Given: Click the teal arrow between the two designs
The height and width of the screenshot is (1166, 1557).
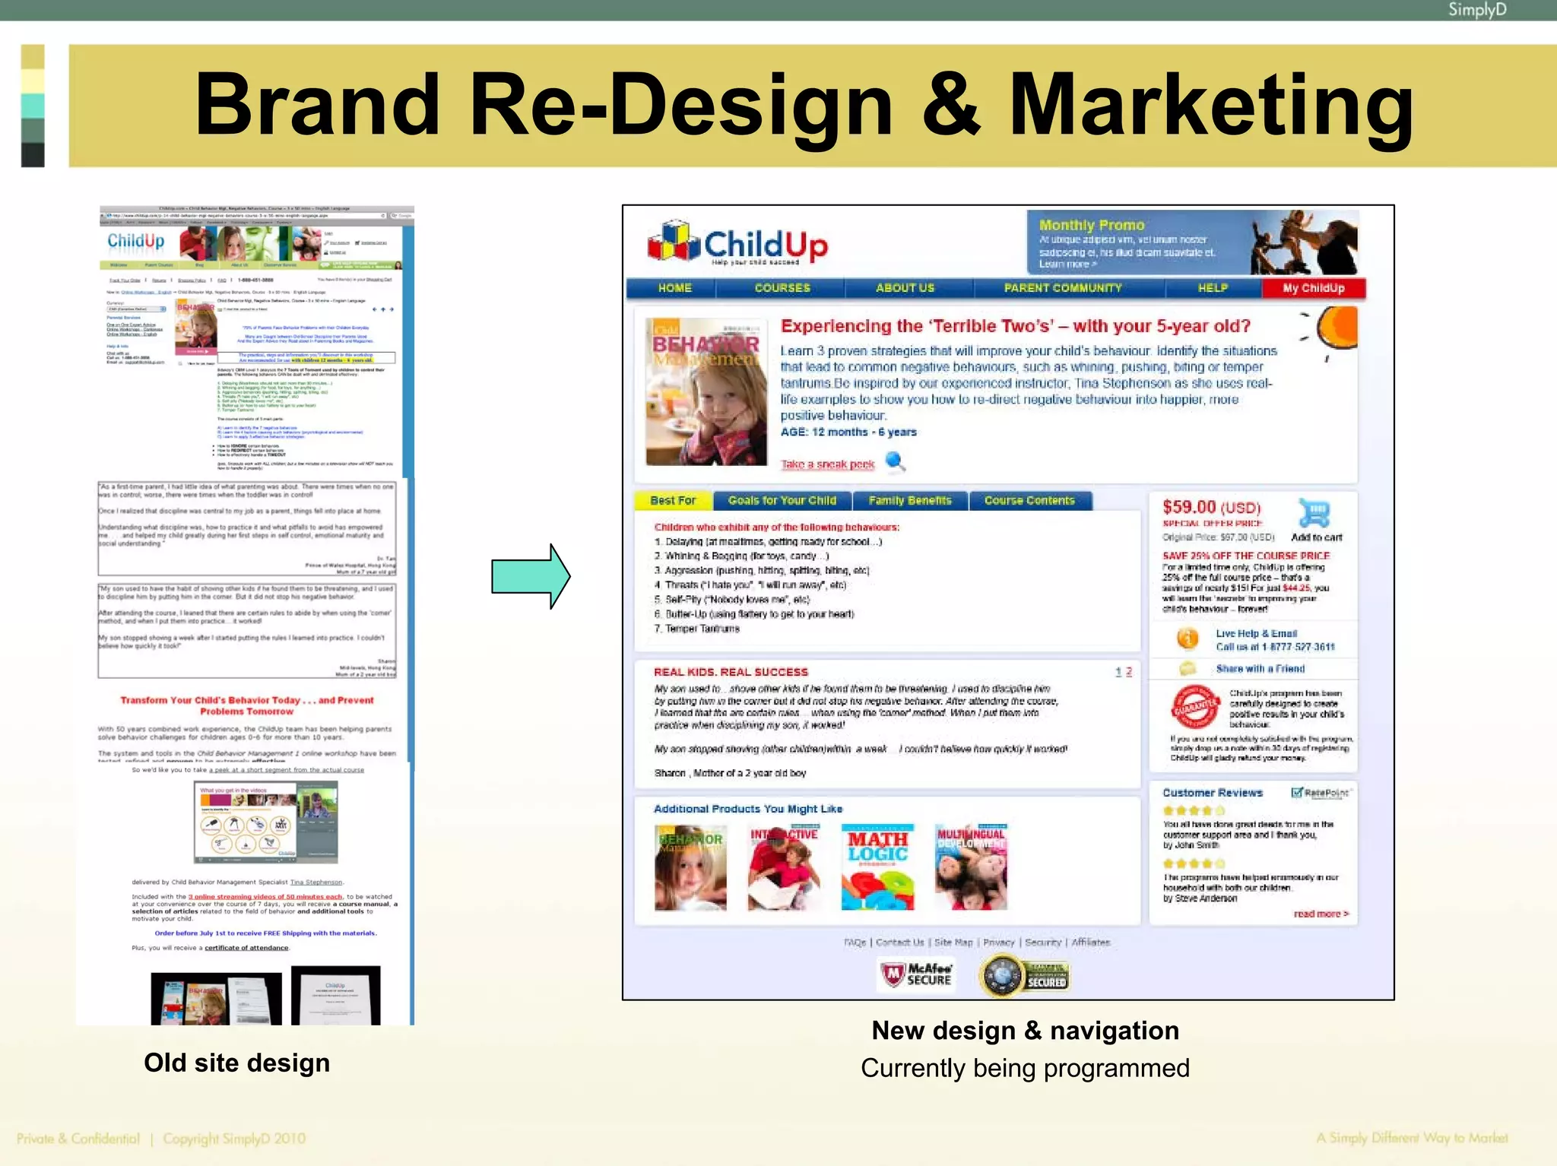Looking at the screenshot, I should pyautogui.click(x=531, y=576).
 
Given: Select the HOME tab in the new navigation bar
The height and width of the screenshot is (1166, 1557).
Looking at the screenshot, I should pyautogui.click(x=674, y=288).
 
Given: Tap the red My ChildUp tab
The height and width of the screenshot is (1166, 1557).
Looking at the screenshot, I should pyautogui.click(x=1313, y=288).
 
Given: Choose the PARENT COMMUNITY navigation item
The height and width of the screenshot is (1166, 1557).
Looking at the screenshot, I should pyautogui.click(x=1062, y=288).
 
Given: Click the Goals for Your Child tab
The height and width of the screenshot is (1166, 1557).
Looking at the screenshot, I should pyautogui.click(x=782, y=501).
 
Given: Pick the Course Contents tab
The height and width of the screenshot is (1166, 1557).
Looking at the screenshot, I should pyautogui.click(x=1029, y=501).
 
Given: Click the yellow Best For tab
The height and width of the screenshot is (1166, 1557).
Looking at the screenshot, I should pyautogui.click(x=673, y=501).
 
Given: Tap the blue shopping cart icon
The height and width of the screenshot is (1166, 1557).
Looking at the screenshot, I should pyautogui.click(x=1314, y=513).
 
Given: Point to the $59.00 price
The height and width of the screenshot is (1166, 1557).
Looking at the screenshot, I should pyautogui.click(x=1189, y=507).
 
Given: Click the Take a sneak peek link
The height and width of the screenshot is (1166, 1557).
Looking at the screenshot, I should pyautogui.click(x=827, y=464).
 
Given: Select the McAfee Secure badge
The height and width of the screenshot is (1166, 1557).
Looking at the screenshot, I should pyautogui.click(x=916, y=974).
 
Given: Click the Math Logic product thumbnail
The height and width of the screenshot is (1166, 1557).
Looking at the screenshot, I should pyautogui.click(x=877, y=867).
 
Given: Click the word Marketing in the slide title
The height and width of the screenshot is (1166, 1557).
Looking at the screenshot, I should pyautogui.click(x=1210, y=105).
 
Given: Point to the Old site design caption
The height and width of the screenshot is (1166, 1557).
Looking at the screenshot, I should pyautogui.click(x=236, y=1063).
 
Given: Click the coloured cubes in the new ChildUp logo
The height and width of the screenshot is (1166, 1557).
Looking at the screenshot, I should pyautogui.click(x=673, y=241).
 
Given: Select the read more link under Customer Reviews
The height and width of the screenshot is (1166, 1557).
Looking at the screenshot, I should pyautogui.click(x=1321, y=914).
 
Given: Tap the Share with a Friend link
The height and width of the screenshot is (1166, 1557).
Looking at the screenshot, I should pyautogui.click(x=1260, y=669).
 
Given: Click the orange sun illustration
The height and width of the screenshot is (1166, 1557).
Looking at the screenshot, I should pyautogui.click(x=1337, y=328).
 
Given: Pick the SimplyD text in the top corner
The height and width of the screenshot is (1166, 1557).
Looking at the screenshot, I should pyautogui.click(x=1476, y=10).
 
